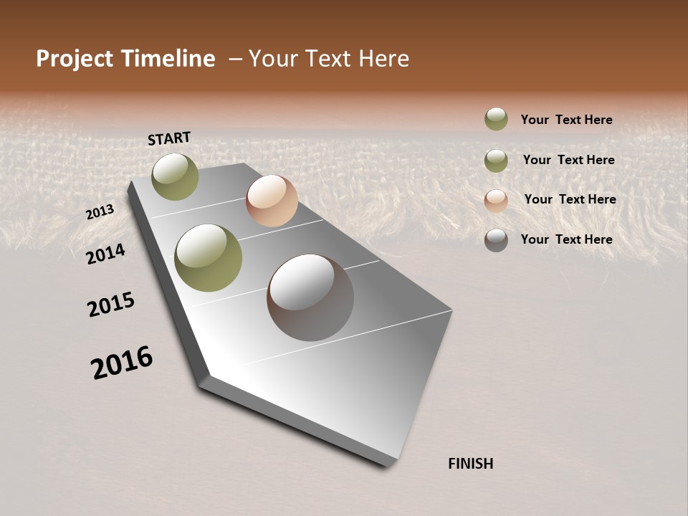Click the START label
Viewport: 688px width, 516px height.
[x=169, y=138]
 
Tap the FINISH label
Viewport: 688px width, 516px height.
[x=471, y=464]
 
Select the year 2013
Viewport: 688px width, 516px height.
[x=100, y=211]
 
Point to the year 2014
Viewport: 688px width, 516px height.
[x=106, y=254]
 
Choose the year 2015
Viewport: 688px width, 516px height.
[x=111, y=305]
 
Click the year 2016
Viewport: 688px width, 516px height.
[x=122, y=363]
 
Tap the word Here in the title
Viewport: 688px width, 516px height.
[x=383, y=59]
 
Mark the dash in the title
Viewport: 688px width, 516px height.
[x=235, y=59]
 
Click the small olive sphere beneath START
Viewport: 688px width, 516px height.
[x=176, y=176]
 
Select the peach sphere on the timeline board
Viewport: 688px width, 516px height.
[x=272, y=201]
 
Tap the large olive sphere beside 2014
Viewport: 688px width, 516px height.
[x=209, y=258]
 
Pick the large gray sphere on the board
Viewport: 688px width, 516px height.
[x=310, y=297]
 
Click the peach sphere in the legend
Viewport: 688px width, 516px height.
[x=496, y=201]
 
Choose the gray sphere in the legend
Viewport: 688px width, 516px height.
[x=496, y=240]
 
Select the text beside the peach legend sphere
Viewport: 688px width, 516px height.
[x=570, y=199]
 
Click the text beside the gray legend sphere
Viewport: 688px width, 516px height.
[x=567, y=239]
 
